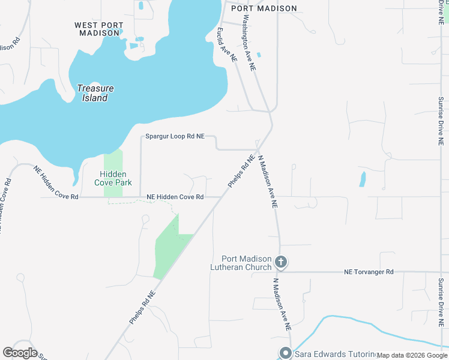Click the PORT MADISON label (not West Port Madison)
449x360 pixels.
click(x=268, y=8)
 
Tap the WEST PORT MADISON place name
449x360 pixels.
click(x=99, y=29)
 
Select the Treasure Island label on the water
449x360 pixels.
click(x=95, y=93)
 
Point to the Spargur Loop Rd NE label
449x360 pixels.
click(x=175, y=137)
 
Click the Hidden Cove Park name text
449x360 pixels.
click(x=113, y=178)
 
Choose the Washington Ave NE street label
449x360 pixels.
click(x=249, y=41)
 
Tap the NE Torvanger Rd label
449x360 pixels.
click(x=369, y=272)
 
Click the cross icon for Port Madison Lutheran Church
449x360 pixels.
click(x=280, y=262)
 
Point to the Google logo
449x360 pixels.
click(x=20, y=353)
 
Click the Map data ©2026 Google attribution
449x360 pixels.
click(x=412, y=355)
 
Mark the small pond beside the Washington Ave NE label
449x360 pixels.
click(x=259, y=55)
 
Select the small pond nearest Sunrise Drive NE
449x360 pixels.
click(x=362, y=179)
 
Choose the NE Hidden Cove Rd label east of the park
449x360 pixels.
click(x=175, y=197)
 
